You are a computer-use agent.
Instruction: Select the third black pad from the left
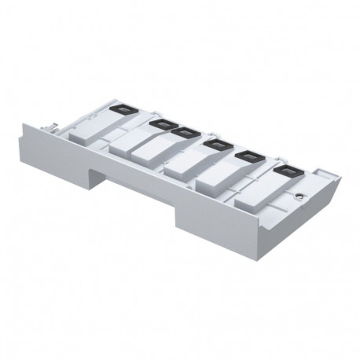pyautogui.click(x=187, y=132)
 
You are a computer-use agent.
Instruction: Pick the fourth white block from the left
pyautogui.click(x=192, y=165)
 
